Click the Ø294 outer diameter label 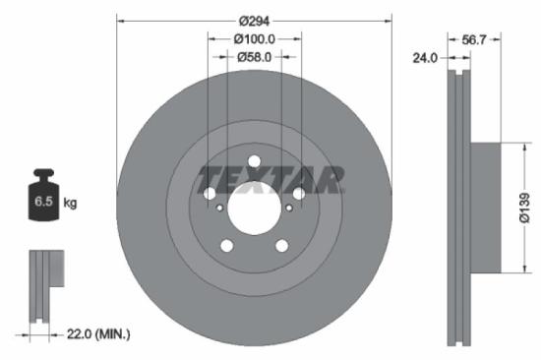[254, 18]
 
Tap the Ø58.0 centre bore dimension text [254, 57]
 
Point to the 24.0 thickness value [425, 58]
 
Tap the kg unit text [70, 203]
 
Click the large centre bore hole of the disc [254, 208]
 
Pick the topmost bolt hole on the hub [254, 161]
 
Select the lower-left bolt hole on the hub [226, 246]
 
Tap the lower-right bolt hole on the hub [281, 246]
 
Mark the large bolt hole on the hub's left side [210, 194]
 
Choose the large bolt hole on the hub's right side [298, 194]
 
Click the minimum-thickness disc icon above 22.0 [44, 285]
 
